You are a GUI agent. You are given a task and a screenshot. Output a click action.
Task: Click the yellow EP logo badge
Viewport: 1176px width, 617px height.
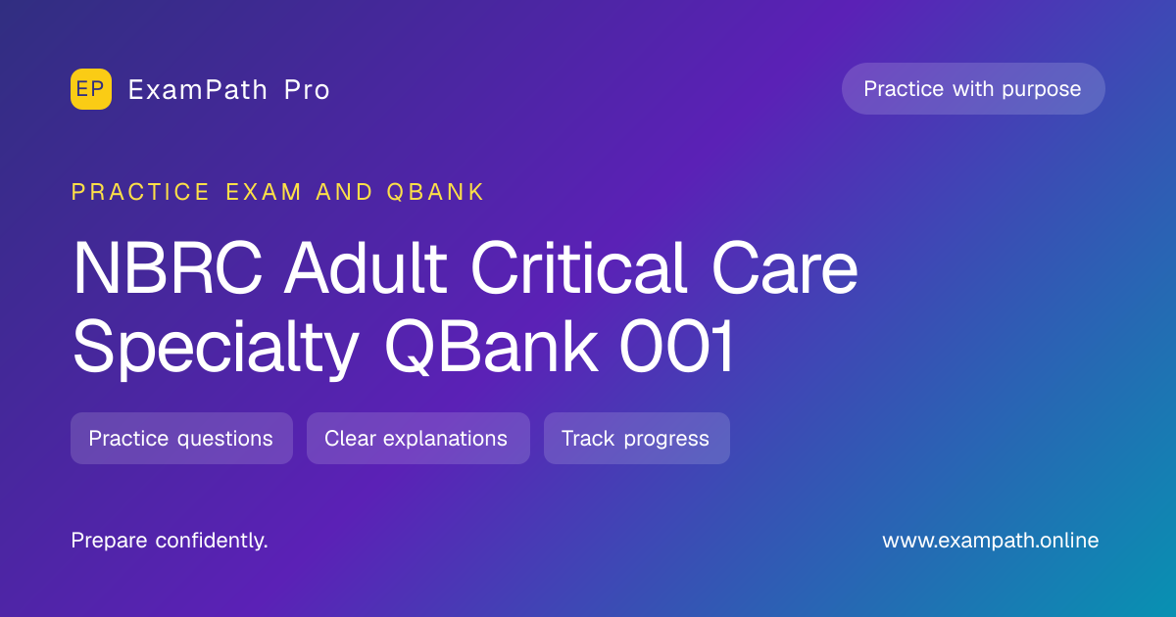click(91, 89)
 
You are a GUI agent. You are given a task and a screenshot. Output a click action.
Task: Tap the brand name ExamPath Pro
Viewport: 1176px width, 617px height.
click(229, 90)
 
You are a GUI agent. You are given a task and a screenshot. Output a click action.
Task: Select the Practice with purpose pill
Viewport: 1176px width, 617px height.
click(973, 89)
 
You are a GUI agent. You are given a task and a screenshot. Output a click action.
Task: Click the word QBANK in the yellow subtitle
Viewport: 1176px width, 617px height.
click(435, 192)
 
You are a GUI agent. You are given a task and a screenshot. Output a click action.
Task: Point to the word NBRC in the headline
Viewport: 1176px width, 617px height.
click(168, 268)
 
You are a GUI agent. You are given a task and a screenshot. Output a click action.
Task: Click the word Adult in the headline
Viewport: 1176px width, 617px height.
click(366, 267)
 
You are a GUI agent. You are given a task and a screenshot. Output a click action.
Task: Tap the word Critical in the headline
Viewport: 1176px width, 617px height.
click(578, 267)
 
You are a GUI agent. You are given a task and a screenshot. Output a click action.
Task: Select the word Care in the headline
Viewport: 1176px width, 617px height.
click(784, 268)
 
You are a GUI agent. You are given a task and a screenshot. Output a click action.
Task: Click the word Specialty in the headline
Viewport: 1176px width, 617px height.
click(217, 348)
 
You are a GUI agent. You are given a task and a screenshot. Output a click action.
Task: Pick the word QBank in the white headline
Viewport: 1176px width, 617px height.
click(491, 347)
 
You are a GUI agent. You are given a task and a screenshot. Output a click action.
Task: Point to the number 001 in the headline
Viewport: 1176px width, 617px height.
click(677, 347)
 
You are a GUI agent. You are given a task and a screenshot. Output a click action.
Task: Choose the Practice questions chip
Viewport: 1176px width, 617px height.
click(181, 438)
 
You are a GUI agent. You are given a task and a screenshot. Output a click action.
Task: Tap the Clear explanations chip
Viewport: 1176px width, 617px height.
click(418, 438)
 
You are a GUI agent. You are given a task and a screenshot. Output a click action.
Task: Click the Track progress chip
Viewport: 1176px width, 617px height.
click(637, 438)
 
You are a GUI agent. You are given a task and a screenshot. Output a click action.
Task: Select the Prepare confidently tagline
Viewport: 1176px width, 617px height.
click(170, 541)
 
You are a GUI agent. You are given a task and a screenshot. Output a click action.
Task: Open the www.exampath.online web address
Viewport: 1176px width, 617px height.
click(990, 541)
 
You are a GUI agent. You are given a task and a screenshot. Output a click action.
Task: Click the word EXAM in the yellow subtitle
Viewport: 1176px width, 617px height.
click(264, 192)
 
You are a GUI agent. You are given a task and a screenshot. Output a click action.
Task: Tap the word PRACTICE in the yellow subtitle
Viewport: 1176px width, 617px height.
click(140, 192)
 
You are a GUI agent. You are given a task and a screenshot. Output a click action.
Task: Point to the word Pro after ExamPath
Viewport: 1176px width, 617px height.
click(307, 90)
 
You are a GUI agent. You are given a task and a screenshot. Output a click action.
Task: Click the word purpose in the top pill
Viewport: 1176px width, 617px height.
click(1041, 90)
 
